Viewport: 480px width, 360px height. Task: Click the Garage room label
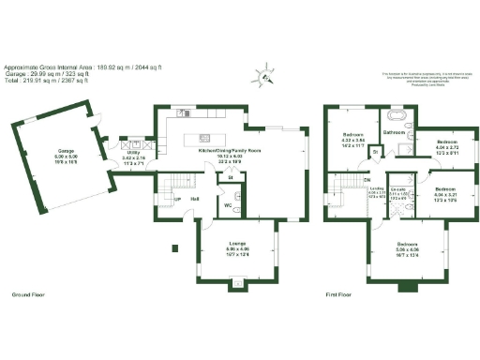coord(67,150)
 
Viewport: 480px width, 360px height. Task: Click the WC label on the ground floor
coord(226,205)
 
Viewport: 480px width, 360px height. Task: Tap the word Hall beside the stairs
coord(194,199)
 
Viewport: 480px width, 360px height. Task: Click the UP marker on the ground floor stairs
coord(177,199)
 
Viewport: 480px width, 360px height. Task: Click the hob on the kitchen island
coord(202,140)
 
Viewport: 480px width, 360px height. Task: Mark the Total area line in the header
coord(47,81)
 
